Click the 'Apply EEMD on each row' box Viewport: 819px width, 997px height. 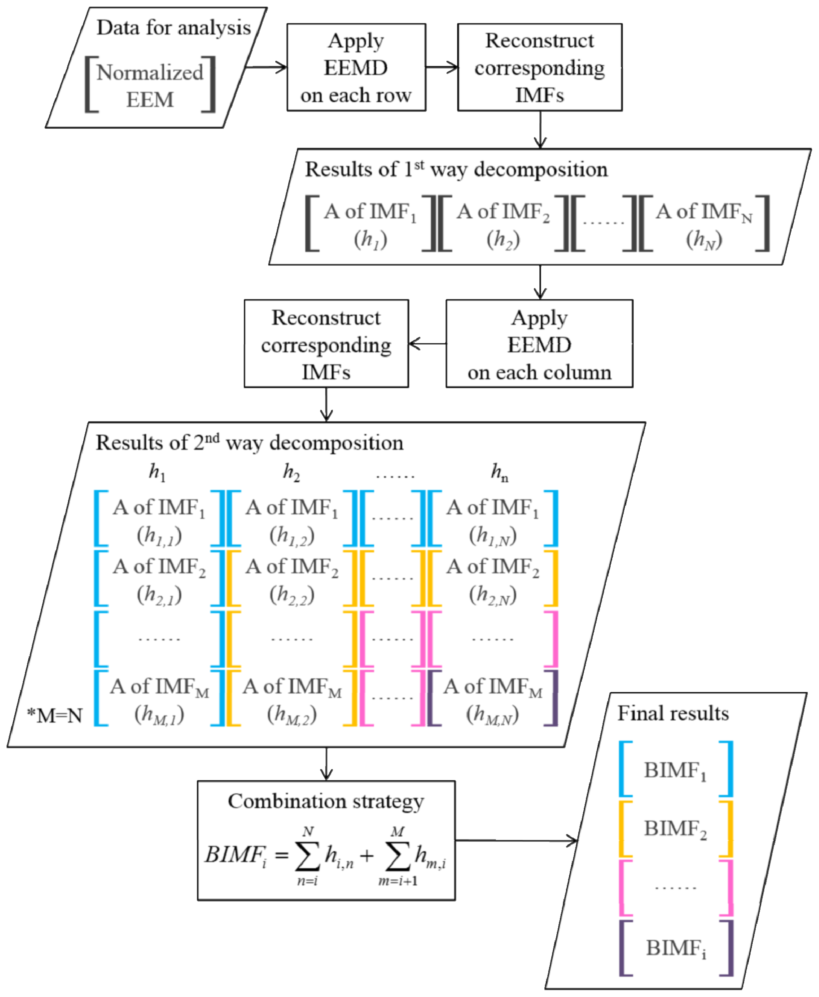tap(356, 68)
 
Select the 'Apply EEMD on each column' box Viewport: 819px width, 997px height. tap(539, 344)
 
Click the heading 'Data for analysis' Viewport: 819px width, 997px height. tap(173, 27)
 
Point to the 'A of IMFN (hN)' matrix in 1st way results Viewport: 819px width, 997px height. tap(704, 225)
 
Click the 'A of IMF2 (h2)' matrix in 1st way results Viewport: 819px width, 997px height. tap(503, 225)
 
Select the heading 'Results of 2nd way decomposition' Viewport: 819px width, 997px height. tap(250, 443)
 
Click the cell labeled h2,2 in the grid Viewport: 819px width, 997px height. tap(292, 580)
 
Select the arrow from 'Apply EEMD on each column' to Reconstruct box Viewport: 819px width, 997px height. tap(427, 344)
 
